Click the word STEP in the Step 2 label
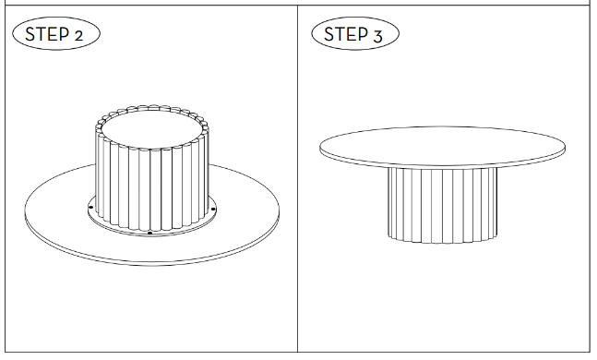tap(47, 34)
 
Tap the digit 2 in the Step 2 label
tap(78, 36)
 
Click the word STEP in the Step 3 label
tap(346, 34)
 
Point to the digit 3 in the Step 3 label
tap(377, 37)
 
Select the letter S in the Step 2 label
tap(30, 34)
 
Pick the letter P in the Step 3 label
tap(364, 34)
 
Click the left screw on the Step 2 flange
tap(90, 208)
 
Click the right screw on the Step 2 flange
tap(213, 209)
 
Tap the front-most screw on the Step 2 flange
tap(150, 233)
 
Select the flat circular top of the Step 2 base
tap(152, 129)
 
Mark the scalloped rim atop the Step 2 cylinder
tap(152, 107)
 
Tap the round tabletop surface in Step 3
tap(442, 146)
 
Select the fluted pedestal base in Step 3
tap(442, 205)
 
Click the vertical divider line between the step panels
tap(297, 179)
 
